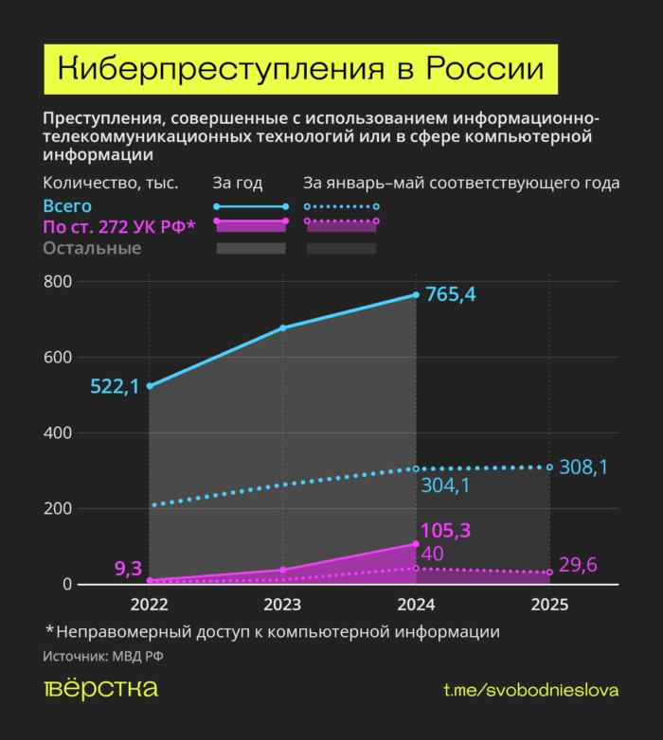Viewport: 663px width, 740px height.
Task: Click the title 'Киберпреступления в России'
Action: tap(301, 70)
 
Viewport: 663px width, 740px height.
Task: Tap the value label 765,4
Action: tap(450, 294)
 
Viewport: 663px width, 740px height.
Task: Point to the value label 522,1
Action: tap(115, 386)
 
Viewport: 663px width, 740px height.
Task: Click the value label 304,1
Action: tap(445, 486)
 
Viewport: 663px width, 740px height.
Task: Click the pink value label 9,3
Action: tap(128, 569)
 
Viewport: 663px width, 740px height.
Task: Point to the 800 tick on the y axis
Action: tap(58, 281)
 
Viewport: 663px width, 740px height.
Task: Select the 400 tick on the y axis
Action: tap(58, 432)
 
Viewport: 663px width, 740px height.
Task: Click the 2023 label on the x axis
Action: tap(282, 605)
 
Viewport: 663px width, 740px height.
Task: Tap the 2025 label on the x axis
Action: tap(549, 605)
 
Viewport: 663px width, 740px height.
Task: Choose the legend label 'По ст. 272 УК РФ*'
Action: tap(118, 226)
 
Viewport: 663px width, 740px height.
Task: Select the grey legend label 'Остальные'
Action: tap(92, 248)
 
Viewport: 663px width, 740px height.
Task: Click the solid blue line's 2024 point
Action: tap(416, 295)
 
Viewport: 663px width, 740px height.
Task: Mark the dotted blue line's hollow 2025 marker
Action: tap(549, 467)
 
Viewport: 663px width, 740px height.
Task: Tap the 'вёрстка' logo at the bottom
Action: tap(100, 689)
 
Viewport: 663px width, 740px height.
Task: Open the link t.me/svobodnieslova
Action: tap(530, 690)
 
